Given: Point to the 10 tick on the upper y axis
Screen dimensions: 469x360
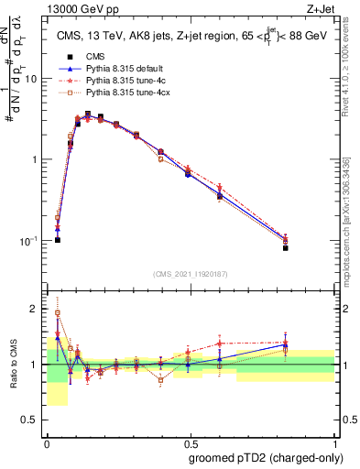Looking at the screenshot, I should (x=34, y=79).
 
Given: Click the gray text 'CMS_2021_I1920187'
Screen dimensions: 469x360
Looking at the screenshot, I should (x=190, y=273).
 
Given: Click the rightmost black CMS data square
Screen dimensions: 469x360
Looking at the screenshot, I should (x=311, y=248).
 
